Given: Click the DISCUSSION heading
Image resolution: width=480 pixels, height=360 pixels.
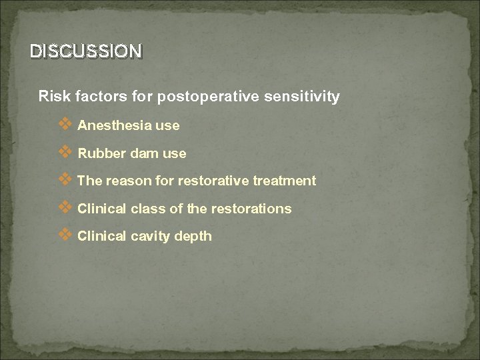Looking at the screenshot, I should (85, 51).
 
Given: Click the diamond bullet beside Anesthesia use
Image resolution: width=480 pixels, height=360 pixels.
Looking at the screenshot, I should (65, 124).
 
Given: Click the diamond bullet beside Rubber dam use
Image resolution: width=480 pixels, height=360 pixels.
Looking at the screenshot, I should (65, 152).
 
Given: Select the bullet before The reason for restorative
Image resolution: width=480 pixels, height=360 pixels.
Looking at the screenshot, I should (65, 180).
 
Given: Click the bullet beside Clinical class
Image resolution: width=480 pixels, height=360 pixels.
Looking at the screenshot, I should (65, 207).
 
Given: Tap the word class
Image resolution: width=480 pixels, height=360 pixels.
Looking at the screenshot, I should (147, 209).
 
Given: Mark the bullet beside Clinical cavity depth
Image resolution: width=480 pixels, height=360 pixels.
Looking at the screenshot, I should (65, 235).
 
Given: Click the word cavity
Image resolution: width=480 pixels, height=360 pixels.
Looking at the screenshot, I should (149, 237).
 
